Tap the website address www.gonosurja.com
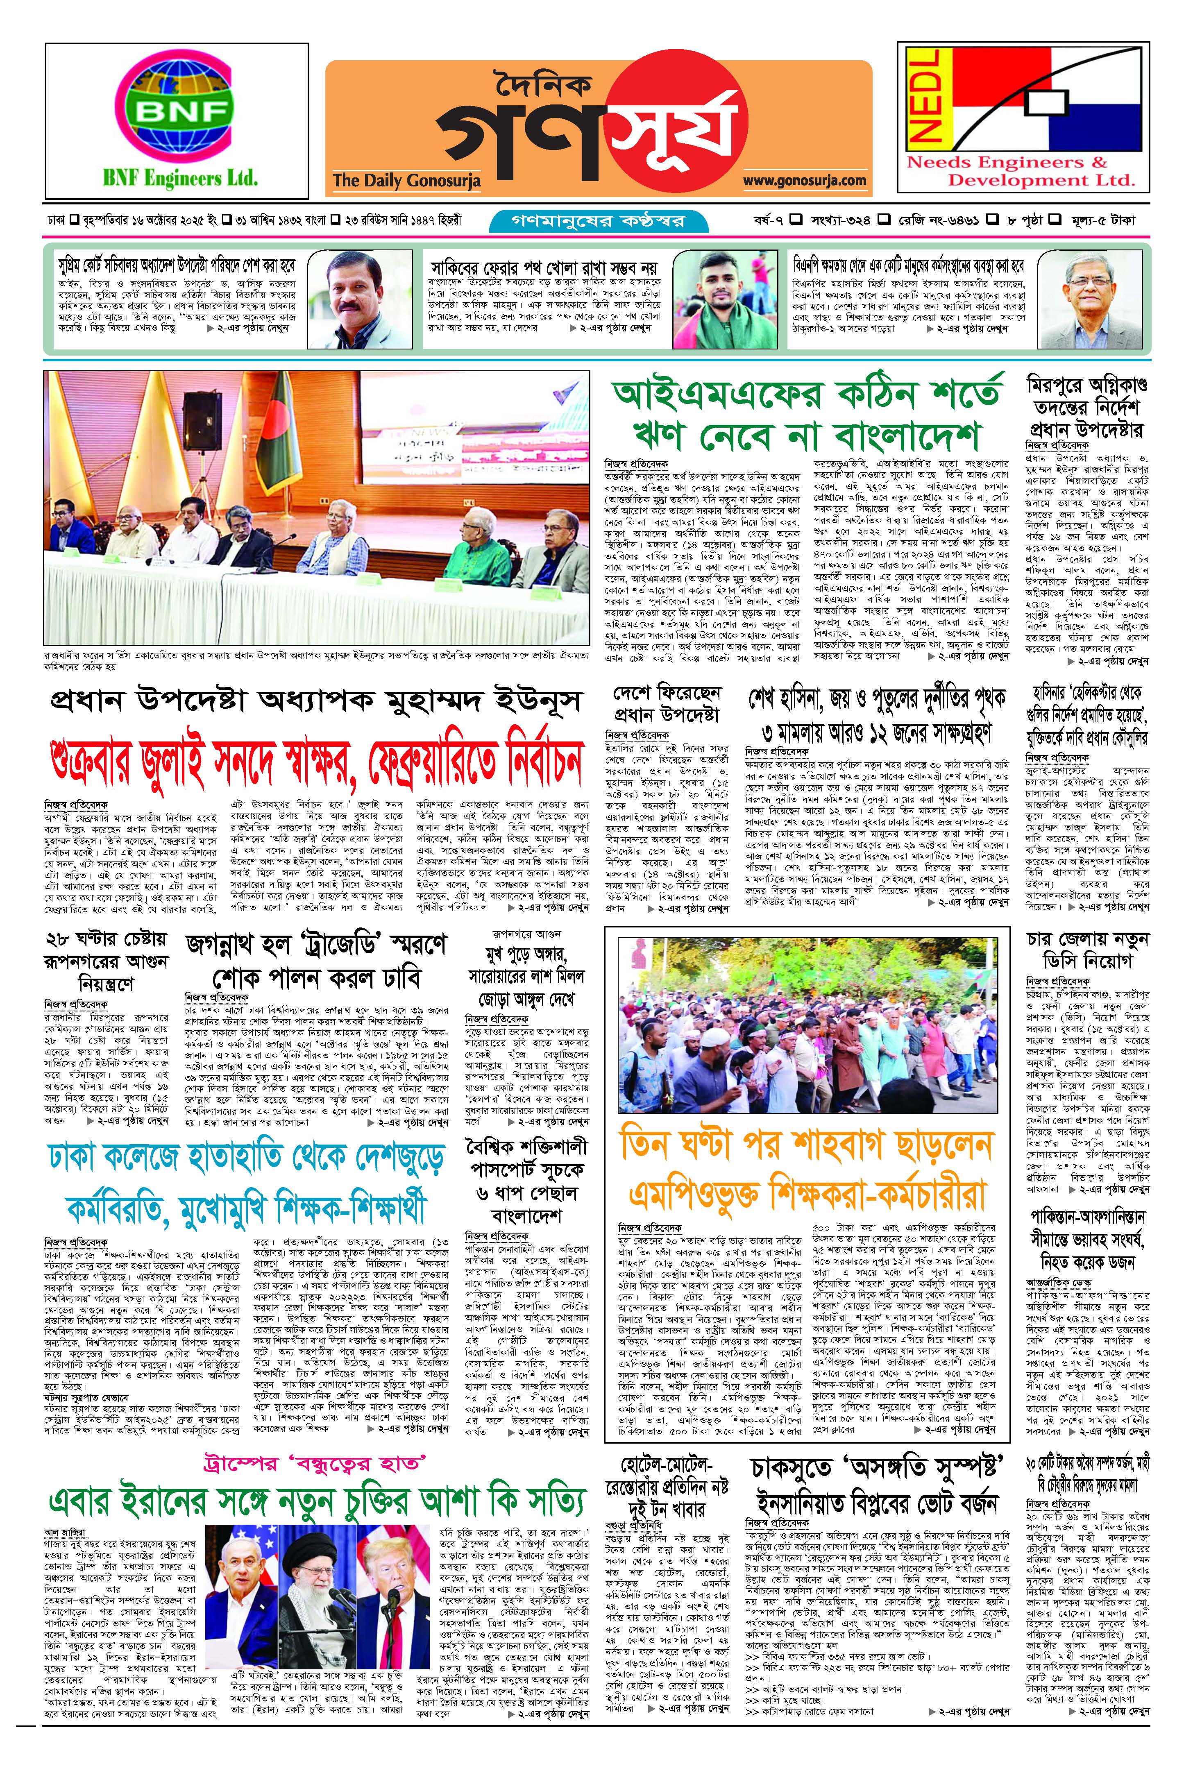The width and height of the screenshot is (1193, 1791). pos(804,180)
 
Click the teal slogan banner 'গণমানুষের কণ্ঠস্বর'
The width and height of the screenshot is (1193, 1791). pos(599,221)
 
